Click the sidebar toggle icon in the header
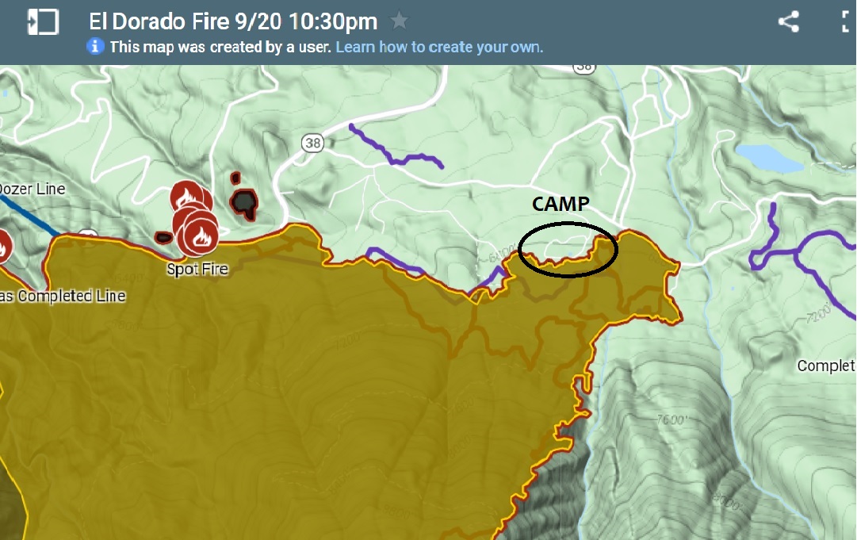43,21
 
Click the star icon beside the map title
400,21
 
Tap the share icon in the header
788,21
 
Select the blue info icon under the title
95,47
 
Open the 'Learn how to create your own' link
439,47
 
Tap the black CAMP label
560,204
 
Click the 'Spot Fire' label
197,269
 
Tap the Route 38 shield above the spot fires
312,143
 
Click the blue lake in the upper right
768,158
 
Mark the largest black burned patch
244,202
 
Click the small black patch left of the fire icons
164,237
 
